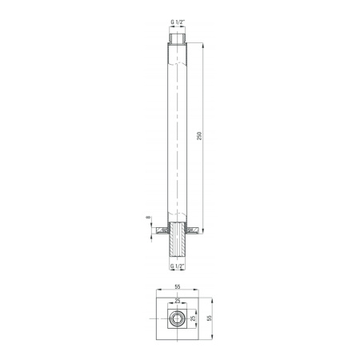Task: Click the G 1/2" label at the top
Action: pyautogui.click(x=178, y=22)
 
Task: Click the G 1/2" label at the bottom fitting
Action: pyautogui.click(x=178, y=266)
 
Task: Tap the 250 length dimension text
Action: pyautogui.click(x=199, y=136)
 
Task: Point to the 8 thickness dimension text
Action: pyautogui.click(x=148, y=217)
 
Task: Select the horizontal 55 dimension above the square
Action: pyautogui.click(x=178, y=286)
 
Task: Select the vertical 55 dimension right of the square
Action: pyautogui.click(x=210, y=318)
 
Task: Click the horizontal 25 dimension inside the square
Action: pyautogui.click(x=178, y=301)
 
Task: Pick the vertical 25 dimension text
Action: pyautogui.click(x=194, y=318)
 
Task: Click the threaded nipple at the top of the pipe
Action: pyautogui.click(x=178, y=38)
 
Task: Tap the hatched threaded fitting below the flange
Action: pyautogui.click(x=178, y=239)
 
